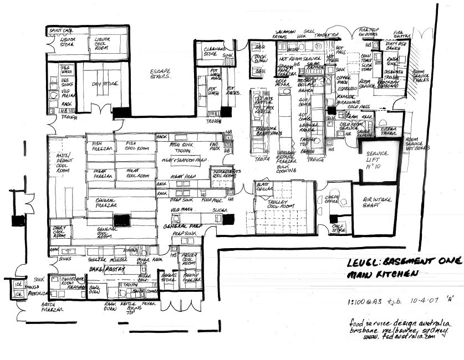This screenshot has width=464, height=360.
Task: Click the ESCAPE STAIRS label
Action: pyautogui.click(x=161, y=74)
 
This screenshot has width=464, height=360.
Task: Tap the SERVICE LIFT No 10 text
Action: pyautogui.click(x=377, y=157)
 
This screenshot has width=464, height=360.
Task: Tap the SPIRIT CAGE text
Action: pyautogui.click(x=61, y=30)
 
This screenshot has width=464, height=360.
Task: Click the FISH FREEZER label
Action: pyautogui.click(x=103, y=147)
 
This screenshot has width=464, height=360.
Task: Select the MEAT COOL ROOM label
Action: pyautogui.click(x=136, y=174)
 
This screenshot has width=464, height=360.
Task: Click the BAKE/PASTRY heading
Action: pyautogui.click(x=109, y=269)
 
